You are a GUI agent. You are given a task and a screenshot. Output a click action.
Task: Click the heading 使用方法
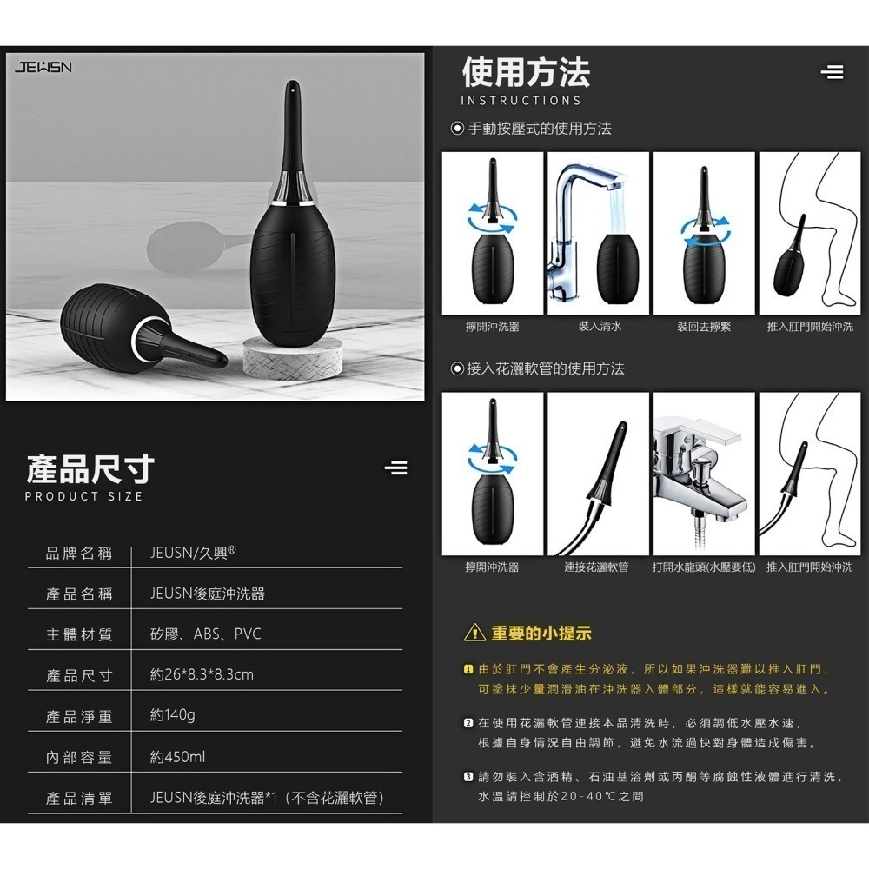click(x=526, y=73)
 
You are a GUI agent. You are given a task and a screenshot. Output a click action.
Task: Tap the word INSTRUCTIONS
click(x=521, y=101)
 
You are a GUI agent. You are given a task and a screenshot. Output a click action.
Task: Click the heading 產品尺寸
click(x=90, y=468)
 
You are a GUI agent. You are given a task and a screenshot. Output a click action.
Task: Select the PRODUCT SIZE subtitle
click(x=83, y=496)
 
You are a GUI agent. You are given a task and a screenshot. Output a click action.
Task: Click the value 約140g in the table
click(x=172, y=715)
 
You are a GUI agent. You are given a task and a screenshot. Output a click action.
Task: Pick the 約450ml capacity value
click(x=177, y=756)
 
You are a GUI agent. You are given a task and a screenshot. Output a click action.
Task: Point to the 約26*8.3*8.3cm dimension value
click(x=202, y=674)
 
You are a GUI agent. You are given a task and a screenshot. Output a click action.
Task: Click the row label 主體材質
click(x=79, y=634)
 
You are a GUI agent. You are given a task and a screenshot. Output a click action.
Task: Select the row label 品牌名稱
click(x=79, y=553)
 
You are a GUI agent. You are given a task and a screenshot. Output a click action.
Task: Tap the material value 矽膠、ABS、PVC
click(x=205, y=634)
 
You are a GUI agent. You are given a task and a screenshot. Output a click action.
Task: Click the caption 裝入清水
click(x=600, y=327)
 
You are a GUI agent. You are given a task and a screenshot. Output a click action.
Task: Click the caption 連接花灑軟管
click(x=596, y=567)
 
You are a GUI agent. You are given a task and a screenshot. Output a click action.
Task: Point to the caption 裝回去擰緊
click(x=704, y=327)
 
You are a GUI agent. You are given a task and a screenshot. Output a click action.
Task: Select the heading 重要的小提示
click(x=541, y=634)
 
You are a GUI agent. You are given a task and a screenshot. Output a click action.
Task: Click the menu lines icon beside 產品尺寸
click(x=395, y=468)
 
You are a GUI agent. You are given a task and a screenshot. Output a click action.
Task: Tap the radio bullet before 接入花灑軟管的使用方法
click(x=457, y=369)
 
